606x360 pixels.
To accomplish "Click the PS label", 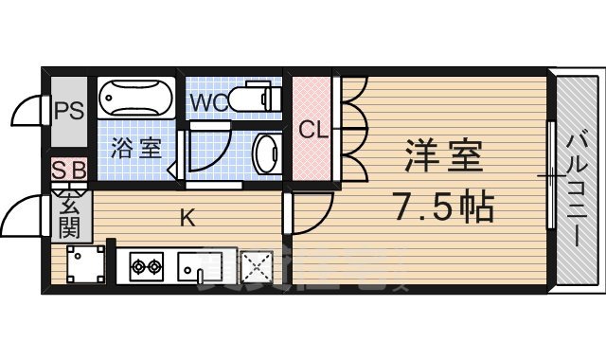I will point(68,109).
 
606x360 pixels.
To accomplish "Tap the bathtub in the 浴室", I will point(136,98).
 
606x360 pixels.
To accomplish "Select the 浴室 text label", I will point(136,148).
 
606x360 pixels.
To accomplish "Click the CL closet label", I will point(313,130).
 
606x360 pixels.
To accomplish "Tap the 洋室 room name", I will point(444,156).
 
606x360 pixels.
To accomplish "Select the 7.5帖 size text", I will point(442,206).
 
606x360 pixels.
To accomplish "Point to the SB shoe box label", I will point(69,171).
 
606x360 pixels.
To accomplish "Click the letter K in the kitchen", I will point(187,219).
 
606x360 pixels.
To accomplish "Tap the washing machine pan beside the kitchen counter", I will point(87,263).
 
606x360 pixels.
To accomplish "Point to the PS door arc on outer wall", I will point(27,111).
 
